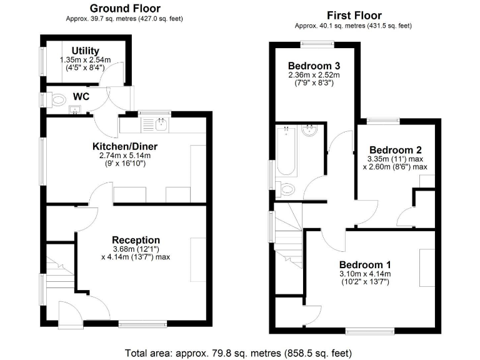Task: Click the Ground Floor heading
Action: tap(124, 9)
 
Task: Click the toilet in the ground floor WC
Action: tap(57, 99)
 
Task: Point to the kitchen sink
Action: tap(161, 124)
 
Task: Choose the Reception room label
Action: tap(136, 240)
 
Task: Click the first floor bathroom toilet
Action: tap(288, 189)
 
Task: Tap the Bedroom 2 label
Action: tap(395, 150)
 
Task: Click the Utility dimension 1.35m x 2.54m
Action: tap(86, 59)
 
